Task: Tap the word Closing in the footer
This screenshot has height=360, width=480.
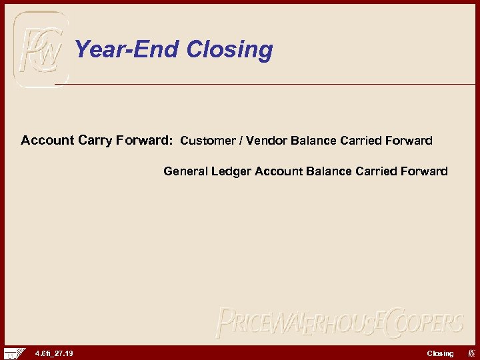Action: point(440,353)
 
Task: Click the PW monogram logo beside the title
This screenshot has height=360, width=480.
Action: point(41,50)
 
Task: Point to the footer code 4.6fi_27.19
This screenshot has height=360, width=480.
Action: point(54,353)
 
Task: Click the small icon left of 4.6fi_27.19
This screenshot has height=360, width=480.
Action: point(14,353)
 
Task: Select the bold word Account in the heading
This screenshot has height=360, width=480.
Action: point(47,141)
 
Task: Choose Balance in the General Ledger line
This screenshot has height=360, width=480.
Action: point(329,171)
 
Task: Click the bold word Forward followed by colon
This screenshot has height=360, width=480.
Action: point(145,141)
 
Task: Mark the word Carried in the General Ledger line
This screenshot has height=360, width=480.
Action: point(376,171)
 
